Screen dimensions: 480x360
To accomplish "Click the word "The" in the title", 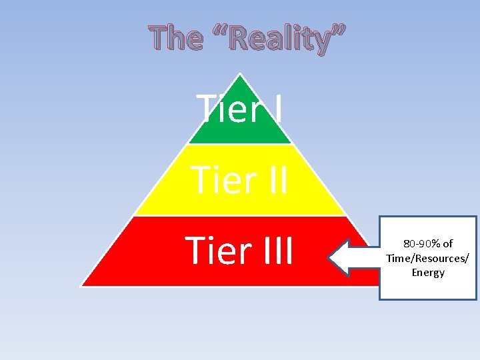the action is (176, 39).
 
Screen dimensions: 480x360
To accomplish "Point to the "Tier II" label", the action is (239, 180).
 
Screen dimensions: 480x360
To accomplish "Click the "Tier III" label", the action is (239, 251).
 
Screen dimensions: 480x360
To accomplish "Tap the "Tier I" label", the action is (239, 108).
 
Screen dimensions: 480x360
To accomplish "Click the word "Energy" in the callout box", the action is (428, 273).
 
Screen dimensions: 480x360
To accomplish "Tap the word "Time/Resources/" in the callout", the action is (427, 258).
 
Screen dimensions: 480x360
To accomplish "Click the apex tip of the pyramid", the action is (239, 75).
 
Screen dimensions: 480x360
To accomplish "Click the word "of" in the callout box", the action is (447, 244).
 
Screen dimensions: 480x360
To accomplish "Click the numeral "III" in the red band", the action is (272, 251).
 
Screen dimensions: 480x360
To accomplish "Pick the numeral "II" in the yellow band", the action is (272, 180).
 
